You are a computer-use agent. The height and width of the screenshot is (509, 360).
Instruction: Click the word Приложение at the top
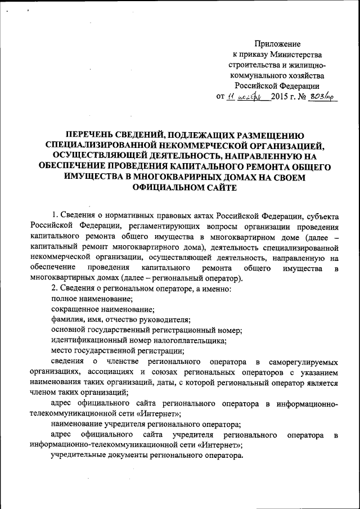277,44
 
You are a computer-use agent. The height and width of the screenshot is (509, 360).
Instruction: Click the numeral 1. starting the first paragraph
55,215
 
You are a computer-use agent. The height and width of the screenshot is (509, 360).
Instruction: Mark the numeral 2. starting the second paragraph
55,289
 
